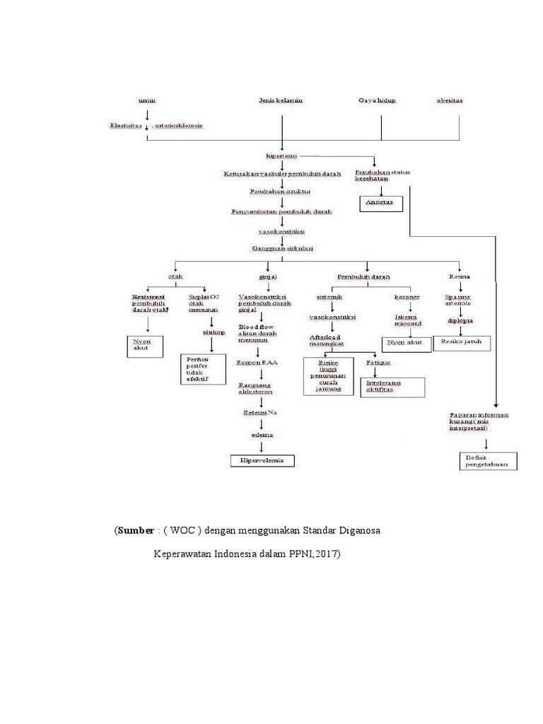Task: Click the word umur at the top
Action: tap(148, 101)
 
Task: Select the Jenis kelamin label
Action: tap(281, 101)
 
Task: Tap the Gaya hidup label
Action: tap(377, 101)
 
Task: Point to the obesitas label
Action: tap(450, 101)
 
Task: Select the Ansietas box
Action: tap(380, 204)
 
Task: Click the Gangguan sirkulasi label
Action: tap(283, 249)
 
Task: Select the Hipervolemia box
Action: tap(262, 460)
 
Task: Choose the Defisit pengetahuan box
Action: tap(487, 461)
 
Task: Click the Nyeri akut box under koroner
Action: tap(405, 343)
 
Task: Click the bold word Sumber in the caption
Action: tap(135, 530)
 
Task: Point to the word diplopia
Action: tap(460, 321)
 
